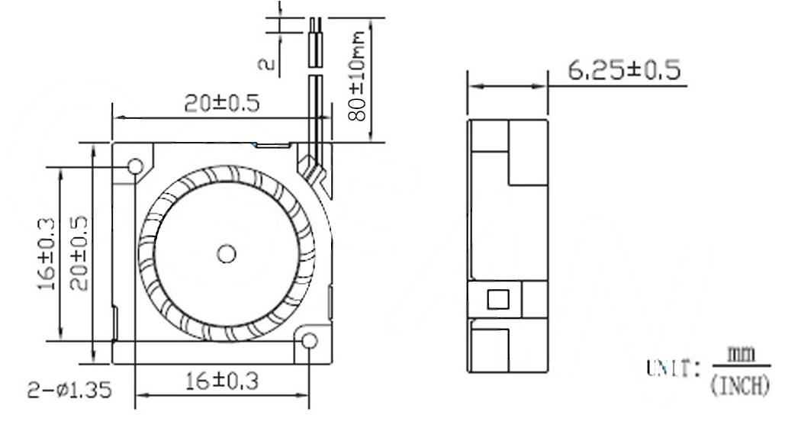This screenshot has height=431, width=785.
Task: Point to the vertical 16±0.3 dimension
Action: click(47, 252)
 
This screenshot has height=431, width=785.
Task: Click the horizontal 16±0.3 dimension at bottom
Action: click(220, 382)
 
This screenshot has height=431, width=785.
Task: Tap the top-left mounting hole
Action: click(136, 166)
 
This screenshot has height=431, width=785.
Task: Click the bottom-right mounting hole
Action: click(309, 340)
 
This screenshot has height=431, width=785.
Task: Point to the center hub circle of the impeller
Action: click(226, 254)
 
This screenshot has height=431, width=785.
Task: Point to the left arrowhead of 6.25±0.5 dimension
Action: click(472, 86)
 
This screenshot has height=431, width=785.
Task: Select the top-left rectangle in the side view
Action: click(489, 135)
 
